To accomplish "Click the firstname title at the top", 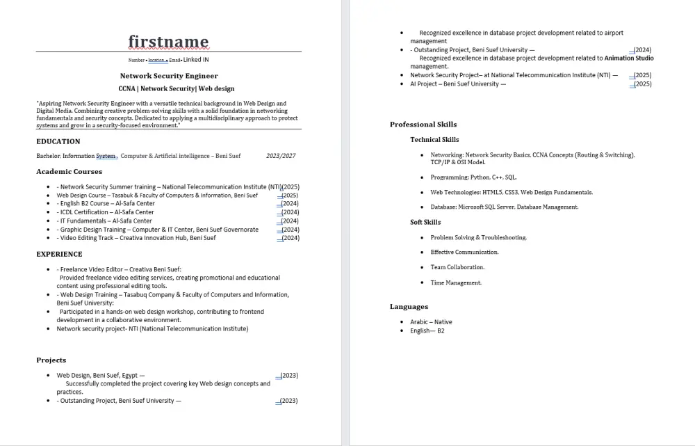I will tap(168, 42).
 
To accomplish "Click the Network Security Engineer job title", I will tap(169, 76).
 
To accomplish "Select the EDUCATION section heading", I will tap(58, 141).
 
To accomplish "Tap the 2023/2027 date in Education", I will tap(281, 156).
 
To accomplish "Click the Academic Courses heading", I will tap(69, 171).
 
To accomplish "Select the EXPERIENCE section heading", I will tap(59, 254).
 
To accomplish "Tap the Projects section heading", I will tap(51, 360).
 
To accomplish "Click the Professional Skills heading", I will tap(423, 125).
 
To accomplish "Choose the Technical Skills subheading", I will tap(434, 140).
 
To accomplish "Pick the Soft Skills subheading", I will tap(425, 223).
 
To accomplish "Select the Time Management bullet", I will tap(456, 282).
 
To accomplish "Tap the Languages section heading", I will tap(409, 307).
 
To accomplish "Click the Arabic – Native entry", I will tap(431, 322).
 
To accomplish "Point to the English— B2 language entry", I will tap(427, 330).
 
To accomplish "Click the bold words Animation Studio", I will tap(629, 58).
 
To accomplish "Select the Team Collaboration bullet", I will tap(457, 267).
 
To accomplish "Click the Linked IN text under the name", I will tap(196, 60).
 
